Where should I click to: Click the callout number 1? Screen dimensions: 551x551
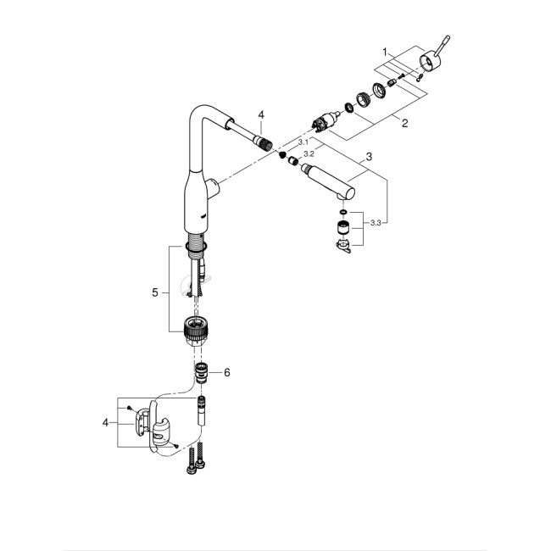385,52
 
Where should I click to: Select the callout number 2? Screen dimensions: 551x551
405,124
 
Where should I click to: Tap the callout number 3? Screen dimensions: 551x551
369,157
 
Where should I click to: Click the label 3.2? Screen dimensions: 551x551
309,154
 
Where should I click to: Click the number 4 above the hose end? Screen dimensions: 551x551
262,114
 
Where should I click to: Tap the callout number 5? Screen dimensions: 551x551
155,292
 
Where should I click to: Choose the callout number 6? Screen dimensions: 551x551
226,371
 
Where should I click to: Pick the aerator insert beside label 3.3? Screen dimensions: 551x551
342,227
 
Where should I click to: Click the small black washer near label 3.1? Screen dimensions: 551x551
283,154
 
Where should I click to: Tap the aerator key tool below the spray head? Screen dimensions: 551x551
342,248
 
